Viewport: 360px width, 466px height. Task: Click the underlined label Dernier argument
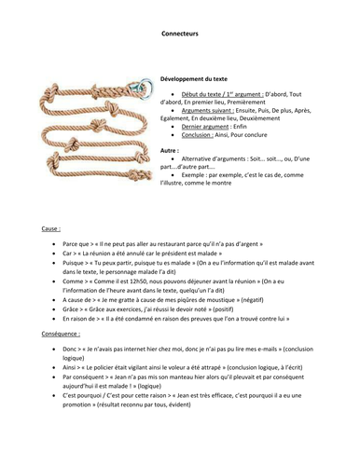210,137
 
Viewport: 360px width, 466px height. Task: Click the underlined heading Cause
51,227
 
